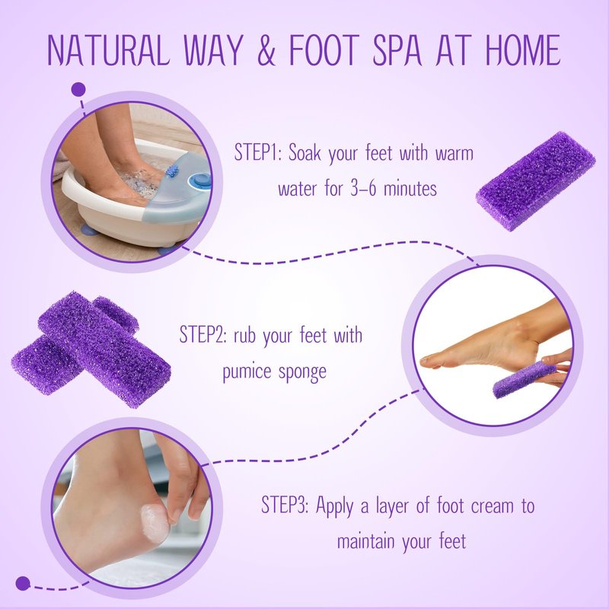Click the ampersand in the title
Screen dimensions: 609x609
pos(266,49)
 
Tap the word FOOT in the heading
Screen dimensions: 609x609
pos(325,49)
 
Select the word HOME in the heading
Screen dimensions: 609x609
pos(523,49)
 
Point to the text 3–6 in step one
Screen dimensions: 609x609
pos(363,189)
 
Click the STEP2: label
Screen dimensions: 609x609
pos(203,334)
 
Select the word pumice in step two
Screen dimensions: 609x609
pos(247,371)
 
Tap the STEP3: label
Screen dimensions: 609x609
pos(285,505)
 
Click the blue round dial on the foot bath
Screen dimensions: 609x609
pos(202,180)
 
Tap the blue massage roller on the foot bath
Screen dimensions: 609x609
pos(172,171)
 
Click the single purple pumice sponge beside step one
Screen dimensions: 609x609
pos(535,181)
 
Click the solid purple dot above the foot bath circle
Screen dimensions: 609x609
pos(78,90)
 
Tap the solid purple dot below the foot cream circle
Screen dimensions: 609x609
pos(23,583)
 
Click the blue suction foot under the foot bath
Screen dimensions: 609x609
pos(89,231)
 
